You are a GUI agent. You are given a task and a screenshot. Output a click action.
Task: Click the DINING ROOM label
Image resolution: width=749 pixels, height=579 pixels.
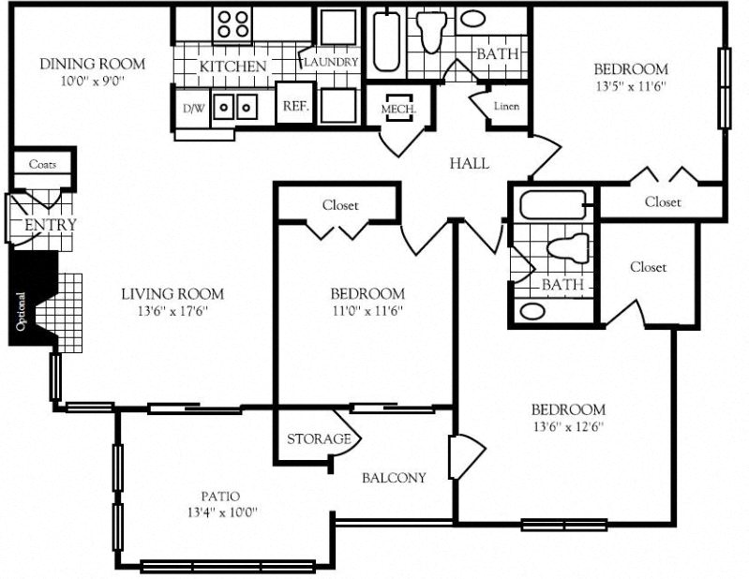coord(92,64)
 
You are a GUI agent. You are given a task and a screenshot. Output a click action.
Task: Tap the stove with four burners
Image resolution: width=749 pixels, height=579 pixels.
coord(232,23)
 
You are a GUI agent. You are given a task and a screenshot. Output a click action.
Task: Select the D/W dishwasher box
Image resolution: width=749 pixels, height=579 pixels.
coord(193,108)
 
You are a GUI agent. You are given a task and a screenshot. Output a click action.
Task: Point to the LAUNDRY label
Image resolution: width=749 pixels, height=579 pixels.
coord(330,62)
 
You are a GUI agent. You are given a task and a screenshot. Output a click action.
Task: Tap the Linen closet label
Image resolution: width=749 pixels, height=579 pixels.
coord(506,106)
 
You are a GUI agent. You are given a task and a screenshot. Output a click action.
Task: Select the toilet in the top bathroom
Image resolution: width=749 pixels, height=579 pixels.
coord(432,31)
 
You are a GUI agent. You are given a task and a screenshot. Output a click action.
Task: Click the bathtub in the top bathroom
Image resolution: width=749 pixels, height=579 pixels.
coord(386,41)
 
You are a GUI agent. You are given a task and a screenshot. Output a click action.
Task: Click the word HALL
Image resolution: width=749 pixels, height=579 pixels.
coord(469,163)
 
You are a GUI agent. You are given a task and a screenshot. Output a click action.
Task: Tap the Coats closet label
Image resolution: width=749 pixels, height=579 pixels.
coord(42,164)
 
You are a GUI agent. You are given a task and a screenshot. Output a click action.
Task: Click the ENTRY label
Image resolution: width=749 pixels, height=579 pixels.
coord(50,225)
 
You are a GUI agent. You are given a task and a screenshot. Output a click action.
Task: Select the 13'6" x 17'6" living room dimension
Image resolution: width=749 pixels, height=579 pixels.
coord(172,312)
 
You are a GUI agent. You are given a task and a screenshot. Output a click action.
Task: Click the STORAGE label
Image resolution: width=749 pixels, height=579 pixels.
coord(318,438)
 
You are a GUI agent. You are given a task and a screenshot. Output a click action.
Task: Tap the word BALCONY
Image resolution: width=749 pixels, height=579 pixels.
coord(394,477)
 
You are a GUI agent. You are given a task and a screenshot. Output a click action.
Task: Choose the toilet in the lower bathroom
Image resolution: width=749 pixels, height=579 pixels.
coord(566,247)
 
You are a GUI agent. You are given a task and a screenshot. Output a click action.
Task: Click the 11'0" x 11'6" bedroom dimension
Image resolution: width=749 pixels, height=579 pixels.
coord(366,312)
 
